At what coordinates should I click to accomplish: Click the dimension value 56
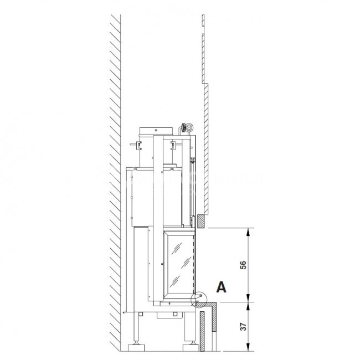243,265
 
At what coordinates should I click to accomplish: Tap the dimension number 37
243,327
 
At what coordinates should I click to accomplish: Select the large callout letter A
222,287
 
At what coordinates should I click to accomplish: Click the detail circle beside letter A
199,299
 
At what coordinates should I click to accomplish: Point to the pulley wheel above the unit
189,127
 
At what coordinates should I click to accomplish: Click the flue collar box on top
156,131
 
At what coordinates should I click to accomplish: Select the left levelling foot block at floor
136,348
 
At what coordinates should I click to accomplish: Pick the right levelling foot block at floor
191,348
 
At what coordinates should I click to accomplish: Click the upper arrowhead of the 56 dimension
248,232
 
